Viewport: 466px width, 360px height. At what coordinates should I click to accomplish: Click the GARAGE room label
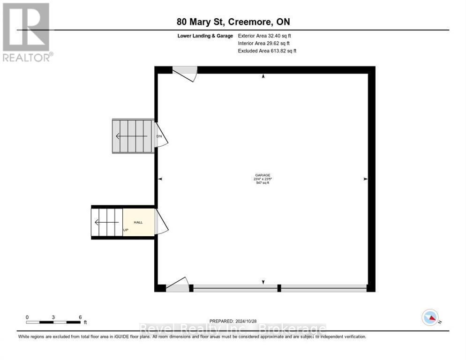(x=263, y=174)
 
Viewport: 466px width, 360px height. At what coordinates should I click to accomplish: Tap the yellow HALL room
(x=138, y=222)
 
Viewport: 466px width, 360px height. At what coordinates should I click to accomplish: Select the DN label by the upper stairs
(x=159, y=136)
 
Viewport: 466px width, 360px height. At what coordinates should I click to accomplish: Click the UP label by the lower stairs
(x=126, y=230)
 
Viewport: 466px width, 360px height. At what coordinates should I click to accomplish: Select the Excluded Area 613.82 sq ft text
(x=267, y=51)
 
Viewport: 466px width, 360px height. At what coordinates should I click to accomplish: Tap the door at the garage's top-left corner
(x=185, y=73)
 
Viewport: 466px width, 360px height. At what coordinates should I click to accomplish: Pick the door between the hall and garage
(x=161, y=222)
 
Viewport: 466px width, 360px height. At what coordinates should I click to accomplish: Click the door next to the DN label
(x=161, y=135)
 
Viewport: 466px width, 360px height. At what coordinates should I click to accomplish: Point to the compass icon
(x=430, y=317)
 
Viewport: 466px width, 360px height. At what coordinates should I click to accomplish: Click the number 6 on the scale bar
(x=80, y=317)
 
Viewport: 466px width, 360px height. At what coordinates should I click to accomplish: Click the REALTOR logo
(x=26, y=32)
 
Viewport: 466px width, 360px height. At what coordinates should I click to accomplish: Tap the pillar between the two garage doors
(x=279, y=288)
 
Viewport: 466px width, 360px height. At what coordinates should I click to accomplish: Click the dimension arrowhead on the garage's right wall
(x=365, y=179)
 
